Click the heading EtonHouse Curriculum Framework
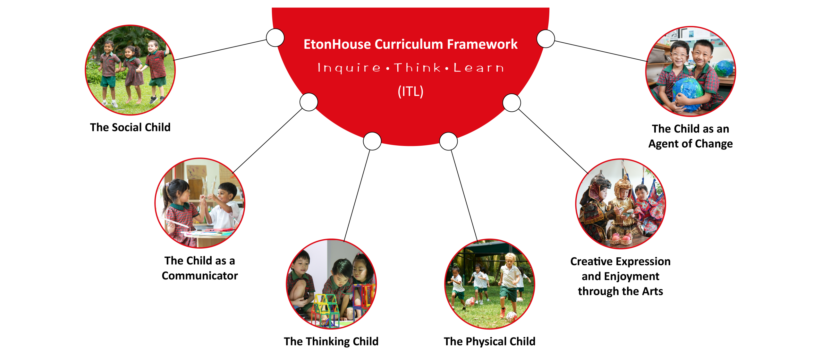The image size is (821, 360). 410,44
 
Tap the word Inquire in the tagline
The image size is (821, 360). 349,68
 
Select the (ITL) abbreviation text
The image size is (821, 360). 410,91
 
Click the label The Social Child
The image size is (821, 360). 130,127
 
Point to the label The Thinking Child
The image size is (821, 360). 331,341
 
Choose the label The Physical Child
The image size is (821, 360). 489,341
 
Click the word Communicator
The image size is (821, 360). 200,276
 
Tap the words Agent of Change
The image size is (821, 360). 690,144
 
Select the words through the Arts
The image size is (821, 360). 620,291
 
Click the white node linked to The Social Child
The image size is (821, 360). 275,38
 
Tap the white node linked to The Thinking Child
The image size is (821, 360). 372,141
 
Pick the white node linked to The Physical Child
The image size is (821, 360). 448,141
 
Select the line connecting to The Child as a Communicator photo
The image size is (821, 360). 267,141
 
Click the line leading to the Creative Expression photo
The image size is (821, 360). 553,141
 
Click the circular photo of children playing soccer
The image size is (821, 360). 490,284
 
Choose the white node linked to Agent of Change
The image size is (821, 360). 546,39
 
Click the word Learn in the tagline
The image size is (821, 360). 478,68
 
